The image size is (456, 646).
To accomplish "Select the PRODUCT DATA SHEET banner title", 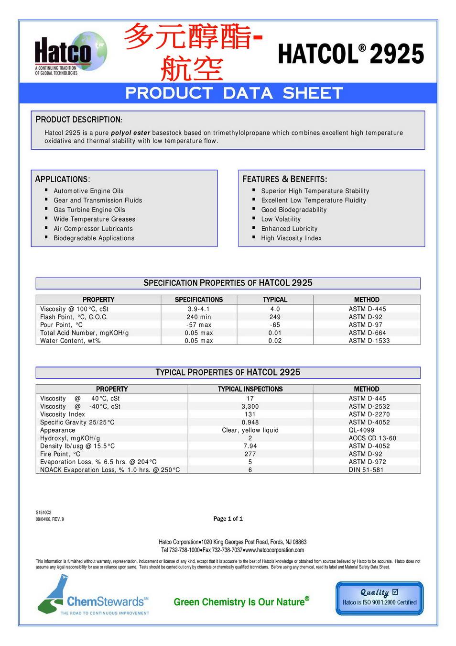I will (234, 93).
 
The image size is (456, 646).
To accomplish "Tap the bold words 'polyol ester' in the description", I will (130, 133).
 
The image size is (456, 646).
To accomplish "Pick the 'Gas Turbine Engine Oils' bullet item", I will (89, 210).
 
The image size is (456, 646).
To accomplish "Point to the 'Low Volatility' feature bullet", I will (281, 219).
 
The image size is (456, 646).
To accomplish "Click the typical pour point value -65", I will (275, 325).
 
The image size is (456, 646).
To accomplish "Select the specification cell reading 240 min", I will (199, 317).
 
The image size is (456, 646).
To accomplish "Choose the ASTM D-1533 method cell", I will (369, 341).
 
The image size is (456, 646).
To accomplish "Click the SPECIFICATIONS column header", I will (199, 300).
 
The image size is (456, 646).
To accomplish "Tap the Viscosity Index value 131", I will (250, 414).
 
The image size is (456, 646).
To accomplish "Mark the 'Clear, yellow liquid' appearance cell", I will (250, 430).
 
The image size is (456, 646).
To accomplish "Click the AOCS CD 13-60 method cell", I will (372, 438).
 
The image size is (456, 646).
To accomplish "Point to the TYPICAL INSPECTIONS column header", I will (250, 389).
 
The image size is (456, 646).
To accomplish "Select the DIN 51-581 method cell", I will (366, 470).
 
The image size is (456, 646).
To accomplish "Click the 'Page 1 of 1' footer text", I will (228, 519).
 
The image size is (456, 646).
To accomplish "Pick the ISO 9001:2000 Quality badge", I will (380, 598).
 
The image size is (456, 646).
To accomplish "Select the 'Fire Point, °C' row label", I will (60, 454).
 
